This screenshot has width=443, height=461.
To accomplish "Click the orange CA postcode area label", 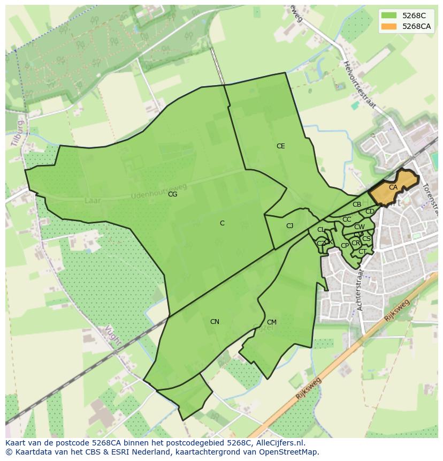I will click(393, 187).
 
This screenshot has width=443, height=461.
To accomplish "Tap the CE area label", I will click(280, 146).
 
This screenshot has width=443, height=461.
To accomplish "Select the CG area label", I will click(172, 194).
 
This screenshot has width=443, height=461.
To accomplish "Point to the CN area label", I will click(215, 322).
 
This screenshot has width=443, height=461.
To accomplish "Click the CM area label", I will click(272, 322).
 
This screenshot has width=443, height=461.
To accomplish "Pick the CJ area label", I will click(289, 226).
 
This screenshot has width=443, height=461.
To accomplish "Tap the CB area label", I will click(357, 205).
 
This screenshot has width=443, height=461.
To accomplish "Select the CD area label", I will click(370, 211).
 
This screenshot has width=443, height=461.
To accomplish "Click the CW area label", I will click(360, 227).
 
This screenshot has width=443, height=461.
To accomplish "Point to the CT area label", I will click(362, 252).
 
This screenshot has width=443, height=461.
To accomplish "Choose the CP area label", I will click(345, 246).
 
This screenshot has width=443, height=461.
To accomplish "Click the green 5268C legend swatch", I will click(389, 16).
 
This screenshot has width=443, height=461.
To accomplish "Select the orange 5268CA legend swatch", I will click(389, 26).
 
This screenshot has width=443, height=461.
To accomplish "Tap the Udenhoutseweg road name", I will click(159, 192).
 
